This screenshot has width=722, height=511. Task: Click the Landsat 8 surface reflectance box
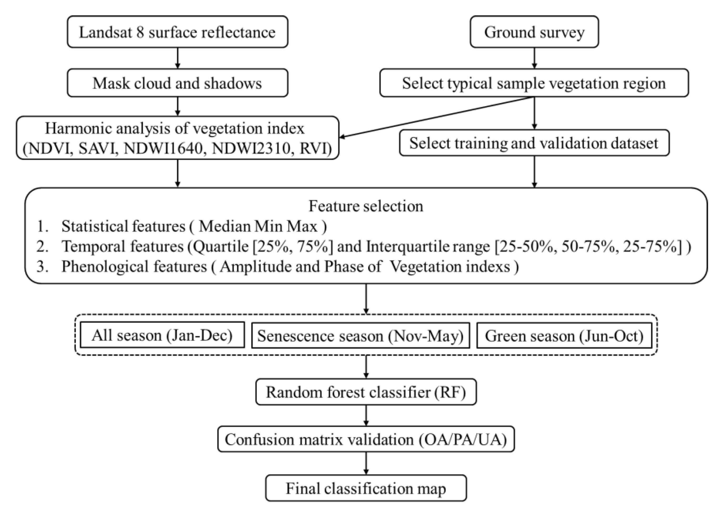(x=177, y=32)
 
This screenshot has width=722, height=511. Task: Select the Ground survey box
(x=534, y=32)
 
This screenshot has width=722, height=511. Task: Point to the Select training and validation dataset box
(x=534, y=143)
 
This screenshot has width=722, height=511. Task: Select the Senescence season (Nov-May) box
(x=360, y=336)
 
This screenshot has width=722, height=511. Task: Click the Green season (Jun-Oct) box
(x=564, y=336)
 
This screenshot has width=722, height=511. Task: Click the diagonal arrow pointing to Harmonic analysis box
(x=437, y=117)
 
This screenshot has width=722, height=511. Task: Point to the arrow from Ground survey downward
(x=534, y=58)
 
